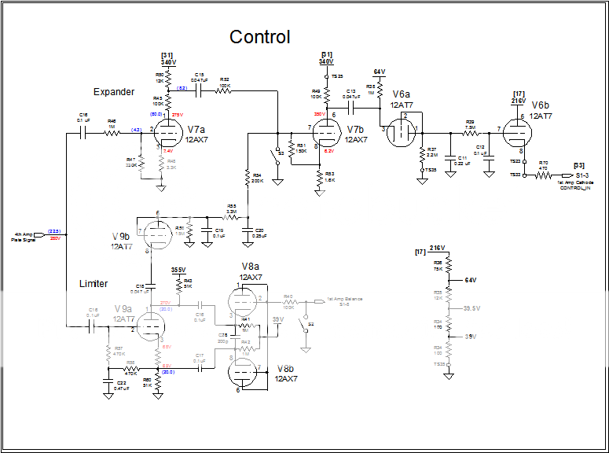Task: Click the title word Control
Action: (x=259, y=37)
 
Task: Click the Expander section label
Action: (x=114, y=92)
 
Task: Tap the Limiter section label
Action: (x=94, y=283)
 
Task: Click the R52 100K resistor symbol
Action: (x=223, y=90)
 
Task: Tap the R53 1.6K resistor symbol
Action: (x=320, y=175)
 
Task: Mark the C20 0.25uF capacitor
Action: (x=248, y=230)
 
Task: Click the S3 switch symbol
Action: (x=277, y=152)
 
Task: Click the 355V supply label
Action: (x=178, y=269)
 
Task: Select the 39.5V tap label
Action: (x=471, y=308)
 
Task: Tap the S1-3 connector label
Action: (x=582, y=175)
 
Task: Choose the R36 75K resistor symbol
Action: (x=449, y=265)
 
